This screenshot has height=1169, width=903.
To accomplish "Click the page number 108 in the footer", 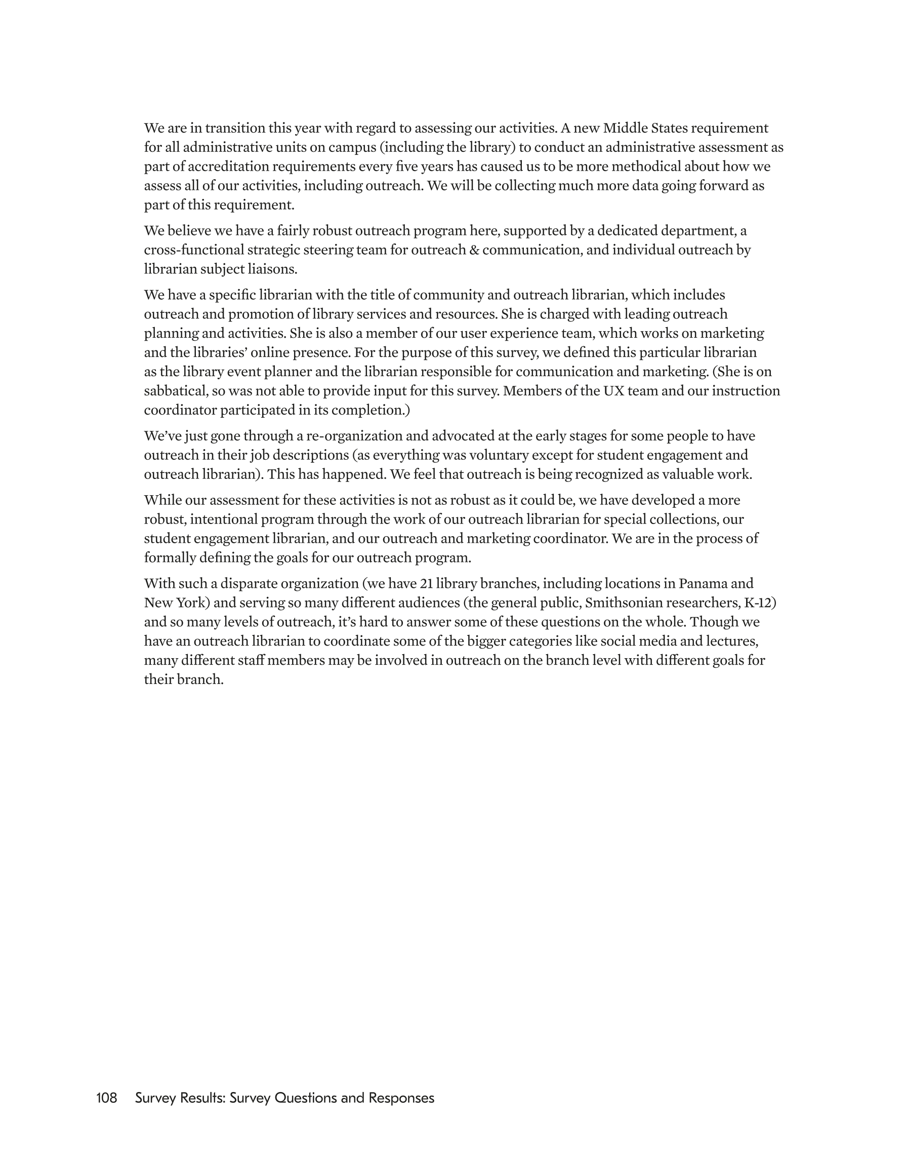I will coord(106,1098).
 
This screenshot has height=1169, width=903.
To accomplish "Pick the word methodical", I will coord(646,167).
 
